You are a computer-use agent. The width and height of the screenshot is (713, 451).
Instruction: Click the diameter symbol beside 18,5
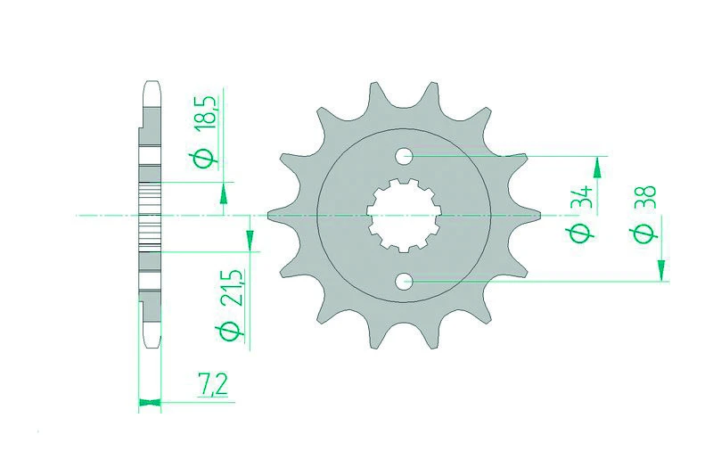pos(204,159)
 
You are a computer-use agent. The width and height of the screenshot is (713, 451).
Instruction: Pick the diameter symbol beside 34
pos(581,234)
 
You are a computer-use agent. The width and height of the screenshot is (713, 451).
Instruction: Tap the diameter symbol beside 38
pos(647,234)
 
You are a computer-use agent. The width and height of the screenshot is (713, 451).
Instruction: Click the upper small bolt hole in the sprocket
pos(404,156)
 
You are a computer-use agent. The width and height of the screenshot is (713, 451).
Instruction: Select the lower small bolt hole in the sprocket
pos(404,283)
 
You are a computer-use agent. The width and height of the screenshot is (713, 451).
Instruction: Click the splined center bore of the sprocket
pos(403,217)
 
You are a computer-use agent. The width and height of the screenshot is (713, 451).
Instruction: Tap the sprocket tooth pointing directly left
pos(275,216)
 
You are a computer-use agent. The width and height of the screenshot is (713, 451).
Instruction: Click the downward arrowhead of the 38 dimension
pos(661,271)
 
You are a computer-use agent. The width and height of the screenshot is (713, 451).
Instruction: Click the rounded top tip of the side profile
pos(150,87)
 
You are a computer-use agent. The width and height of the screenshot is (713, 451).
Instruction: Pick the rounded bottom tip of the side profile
pos(150,343)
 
